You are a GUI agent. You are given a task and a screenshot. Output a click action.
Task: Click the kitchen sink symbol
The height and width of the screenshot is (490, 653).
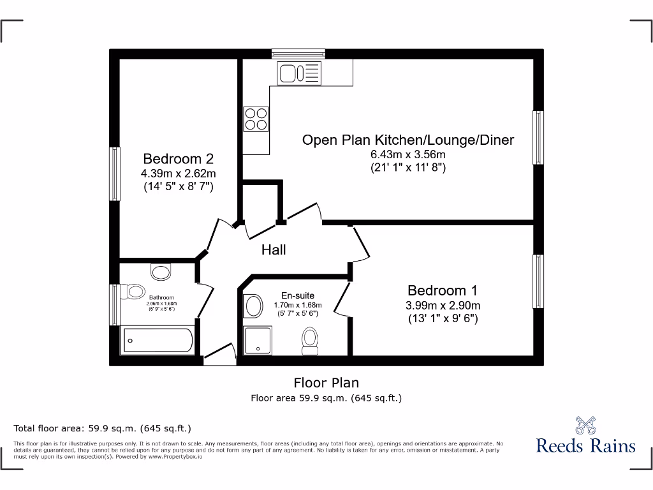pos(298,73)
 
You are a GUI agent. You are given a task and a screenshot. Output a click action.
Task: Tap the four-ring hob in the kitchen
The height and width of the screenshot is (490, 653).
pos(256,119)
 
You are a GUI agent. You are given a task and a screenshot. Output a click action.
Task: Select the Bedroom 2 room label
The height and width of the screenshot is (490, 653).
pos(178,159)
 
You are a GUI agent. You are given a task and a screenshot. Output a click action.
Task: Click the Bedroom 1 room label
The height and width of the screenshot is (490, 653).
pos(443,291)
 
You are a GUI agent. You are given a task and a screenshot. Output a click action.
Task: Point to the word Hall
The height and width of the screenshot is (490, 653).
pos(274,250)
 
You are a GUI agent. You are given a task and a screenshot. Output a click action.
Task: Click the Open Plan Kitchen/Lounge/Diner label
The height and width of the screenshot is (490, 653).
pos(407,140)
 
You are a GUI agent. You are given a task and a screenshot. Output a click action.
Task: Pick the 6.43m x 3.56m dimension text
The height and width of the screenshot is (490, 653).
pos(407,155)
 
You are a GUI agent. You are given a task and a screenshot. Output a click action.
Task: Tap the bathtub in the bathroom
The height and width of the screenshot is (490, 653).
pos(157,341)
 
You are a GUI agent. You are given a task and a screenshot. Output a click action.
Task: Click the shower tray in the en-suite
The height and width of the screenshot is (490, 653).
pos(258,339)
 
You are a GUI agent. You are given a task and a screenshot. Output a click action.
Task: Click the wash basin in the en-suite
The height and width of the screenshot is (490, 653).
pos(253,306)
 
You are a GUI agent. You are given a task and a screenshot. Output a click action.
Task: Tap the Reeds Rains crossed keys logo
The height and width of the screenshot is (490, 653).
pos(585,425)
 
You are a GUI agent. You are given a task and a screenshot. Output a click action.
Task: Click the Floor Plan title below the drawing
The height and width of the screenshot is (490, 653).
pos(326,383)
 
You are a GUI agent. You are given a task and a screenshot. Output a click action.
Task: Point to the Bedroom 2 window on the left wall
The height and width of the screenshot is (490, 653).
pos(115,174)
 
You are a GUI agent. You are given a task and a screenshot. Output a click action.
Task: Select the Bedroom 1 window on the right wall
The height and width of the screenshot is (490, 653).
pos(538,281)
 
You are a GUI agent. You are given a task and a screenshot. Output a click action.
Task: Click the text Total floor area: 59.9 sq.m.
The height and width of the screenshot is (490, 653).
pos(103,428)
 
